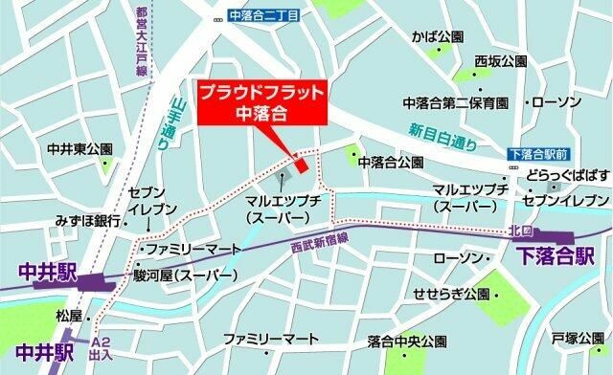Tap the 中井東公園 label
pos(80,150)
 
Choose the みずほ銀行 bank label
pos(87,220)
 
